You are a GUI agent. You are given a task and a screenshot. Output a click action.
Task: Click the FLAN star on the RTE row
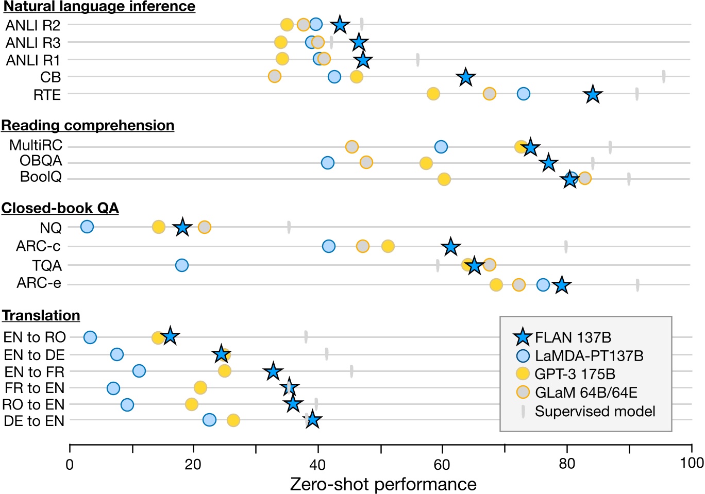[593, 95]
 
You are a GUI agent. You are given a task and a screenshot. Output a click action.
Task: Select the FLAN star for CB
[466, 77]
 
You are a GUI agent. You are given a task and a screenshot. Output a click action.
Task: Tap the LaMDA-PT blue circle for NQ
[87, 227]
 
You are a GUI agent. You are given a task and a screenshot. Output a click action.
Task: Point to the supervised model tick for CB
[664, 77]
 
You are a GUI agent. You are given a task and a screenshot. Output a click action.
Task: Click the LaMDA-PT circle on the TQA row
[181, 265]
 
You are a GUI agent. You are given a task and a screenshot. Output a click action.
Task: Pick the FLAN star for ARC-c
[451, 247]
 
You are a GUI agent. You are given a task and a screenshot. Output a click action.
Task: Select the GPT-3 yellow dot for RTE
[433, 94]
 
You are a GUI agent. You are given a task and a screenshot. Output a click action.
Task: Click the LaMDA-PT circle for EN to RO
[90, 337]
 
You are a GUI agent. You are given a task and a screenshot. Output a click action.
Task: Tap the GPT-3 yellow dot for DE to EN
[233, 420]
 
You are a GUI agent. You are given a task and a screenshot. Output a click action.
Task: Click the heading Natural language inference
[99, 7]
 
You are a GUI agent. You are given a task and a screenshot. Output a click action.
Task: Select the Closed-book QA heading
[60, 208]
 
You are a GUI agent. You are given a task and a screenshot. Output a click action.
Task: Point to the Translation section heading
[41, 315]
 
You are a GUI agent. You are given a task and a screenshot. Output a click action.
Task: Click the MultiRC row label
[36, 145]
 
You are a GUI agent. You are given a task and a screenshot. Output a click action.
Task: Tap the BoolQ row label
[41, 177]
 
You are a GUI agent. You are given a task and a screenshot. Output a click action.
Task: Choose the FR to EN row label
[35, 388]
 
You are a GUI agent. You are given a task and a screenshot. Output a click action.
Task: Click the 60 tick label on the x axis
[442, 464]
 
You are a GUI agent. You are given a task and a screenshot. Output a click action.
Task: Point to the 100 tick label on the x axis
[692, 463]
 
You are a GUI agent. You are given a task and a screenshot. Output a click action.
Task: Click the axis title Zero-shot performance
[383, 484]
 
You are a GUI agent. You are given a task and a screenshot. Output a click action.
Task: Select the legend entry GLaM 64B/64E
[585, 393]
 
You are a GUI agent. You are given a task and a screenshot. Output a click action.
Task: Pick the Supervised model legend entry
[595, 411]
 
